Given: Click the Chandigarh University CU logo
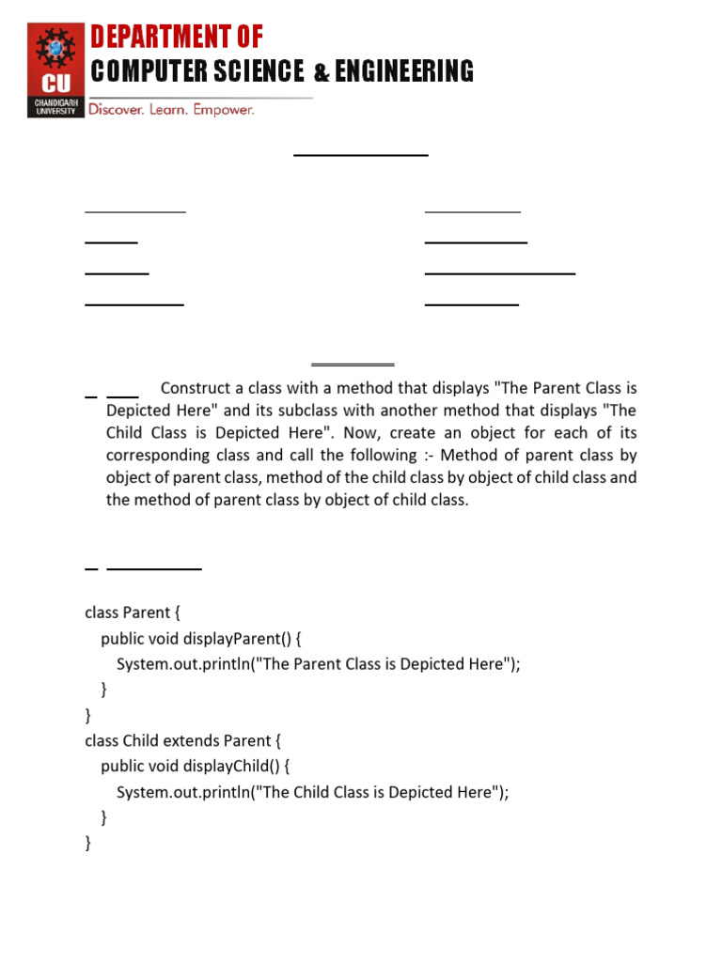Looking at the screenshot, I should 55,70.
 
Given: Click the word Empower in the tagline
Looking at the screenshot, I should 224,110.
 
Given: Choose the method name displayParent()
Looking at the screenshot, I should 236,639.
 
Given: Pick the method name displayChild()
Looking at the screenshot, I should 231,766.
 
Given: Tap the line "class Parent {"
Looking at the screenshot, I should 133,613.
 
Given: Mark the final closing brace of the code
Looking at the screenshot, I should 88,843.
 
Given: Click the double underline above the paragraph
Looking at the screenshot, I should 353,364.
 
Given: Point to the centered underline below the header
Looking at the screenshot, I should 361,154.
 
